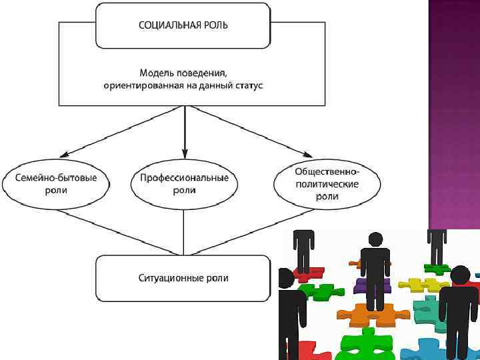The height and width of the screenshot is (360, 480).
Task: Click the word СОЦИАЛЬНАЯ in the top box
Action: point(171,25)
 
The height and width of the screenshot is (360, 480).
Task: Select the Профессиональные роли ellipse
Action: point(185,185)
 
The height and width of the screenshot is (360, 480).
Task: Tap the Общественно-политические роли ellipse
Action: point(327,183)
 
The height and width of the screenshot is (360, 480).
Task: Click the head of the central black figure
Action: point(375,239)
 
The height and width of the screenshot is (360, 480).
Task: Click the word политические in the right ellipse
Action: point(327,184)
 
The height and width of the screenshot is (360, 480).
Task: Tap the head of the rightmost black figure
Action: point(460,274)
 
